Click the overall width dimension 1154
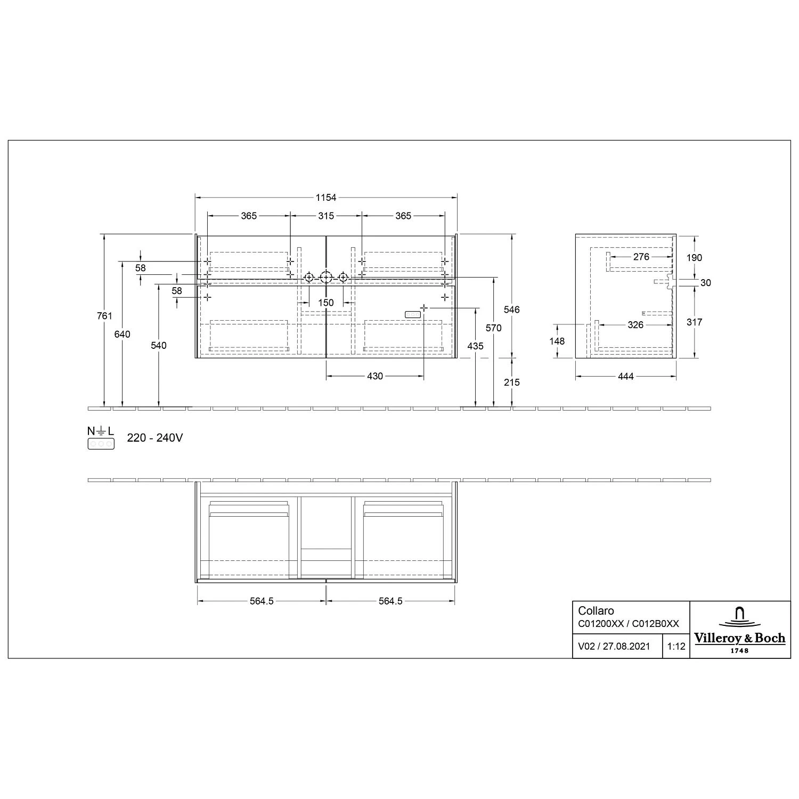[326, 198]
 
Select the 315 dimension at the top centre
[326, 216]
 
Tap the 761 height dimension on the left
[105, 316]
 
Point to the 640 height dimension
[123, 334]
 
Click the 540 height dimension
[159, 345]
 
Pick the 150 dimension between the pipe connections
[326, 303]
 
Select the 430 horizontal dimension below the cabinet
[375, 376]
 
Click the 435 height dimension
[475, 346]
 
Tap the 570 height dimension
[494, 328]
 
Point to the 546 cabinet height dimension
[512, 309]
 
